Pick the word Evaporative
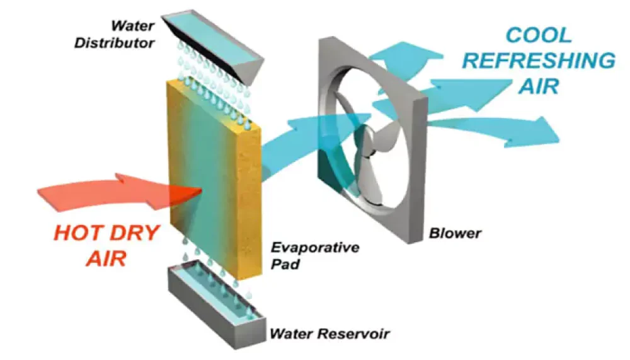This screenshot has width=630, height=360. [x=314, y=247]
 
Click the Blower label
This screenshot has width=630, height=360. [x=455, y=233]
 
